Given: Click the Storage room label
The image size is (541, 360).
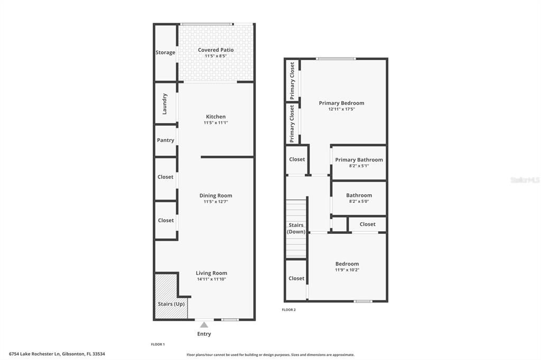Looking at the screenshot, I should point(165,52).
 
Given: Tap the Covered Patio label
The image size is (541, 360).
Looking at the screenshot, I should point(216,50).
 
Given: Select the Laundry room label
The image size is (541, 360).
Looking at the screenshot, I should point(164,103).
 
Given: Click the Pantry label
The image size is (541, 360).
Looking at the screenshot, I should point(165,140).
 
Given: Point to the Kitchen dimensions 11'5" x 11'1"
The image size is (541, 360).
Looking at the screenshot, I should point(216,123).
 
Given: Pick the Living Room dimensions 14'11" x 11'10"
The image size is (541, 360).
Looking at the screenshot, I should point(211,279).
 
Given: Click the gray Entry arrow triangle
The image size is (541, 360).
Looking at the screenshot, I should point(204,325).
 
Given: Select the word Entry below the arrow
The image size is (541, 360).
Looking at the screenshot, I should point(204,334).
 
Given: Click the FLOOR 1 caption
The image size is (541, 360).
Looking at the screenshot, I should point(158,345).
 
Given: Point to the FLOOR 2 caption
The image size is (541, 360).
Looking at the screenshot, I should point(289,310).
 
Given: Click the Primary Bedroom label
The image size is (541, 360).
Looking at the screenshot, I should point(341,103).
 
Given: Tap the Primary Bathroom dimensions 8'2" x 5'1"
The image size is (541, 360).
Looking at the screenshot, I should point(359,166).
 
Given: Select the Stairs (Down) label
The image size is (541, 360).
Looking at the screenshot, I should point(296,229).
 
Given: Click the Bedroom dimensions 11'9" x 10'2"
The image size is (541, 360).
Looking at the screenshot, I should point(347,270).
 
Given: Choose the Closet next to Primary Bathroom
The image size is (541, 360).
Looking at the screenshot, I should point(297,159).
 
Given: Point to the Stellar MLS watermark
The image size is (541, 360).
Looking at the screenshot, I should point(524,180).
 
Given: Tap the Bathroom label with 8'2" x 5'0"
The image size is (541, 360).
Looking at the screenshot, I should point(359,195).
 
